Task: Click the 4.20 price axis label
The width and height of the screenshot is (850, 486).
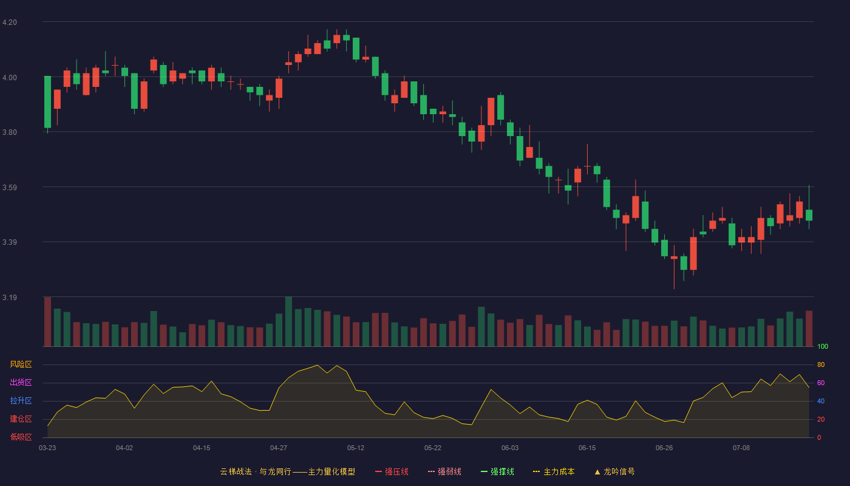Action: coord(10,22)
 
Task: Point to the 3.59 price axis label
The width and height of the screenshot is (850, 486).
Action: coord(10,188)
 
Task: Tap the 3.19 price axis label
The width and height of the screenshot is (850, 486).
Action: coord(10,297)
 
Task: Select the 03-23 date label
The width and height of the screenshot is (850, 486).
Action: coord(47,448)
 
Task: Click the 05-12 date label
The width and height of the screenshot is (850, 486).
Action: coord(356,448)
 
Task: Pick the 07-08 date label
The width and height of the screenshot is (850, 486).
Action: coord(741,448)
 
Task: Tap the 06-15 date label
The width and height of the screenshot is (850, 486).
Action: coord(587,448)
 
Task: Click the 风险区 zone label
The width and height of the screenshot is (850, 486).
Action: coord(21,364)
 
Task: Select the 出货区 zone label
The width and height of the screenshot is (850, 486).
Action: coord(21,382)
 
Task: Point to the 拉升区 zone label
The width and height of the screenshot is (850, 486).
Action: coord(21,400)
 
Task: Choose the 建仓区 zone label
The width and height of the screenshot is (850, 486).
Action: coord(21,419)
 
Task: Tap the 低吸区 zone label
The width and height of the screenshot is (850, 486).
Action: coord(21,437)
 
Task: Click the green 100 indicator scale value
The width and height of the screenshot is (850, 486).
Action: coord(823,346)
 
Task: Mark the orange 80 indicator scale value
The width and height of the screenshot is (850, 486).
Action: coord(821,364)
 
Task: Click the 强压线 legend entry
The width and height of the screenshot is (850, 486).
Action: coord(392,471)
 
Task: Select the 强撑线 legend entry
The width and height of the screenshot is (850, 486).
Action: coord(497,471)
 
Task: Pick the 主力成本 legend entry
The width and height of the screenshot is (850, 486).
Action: coord(554,471)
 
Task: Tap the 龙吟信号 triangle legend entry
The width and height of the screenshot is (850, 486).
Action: coord(614,471)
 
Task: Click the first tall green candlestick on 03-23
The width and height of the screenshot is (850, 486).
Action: coord(47,102)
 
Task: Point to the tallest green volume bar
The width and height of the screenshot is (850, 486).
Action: coord(288,321)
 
